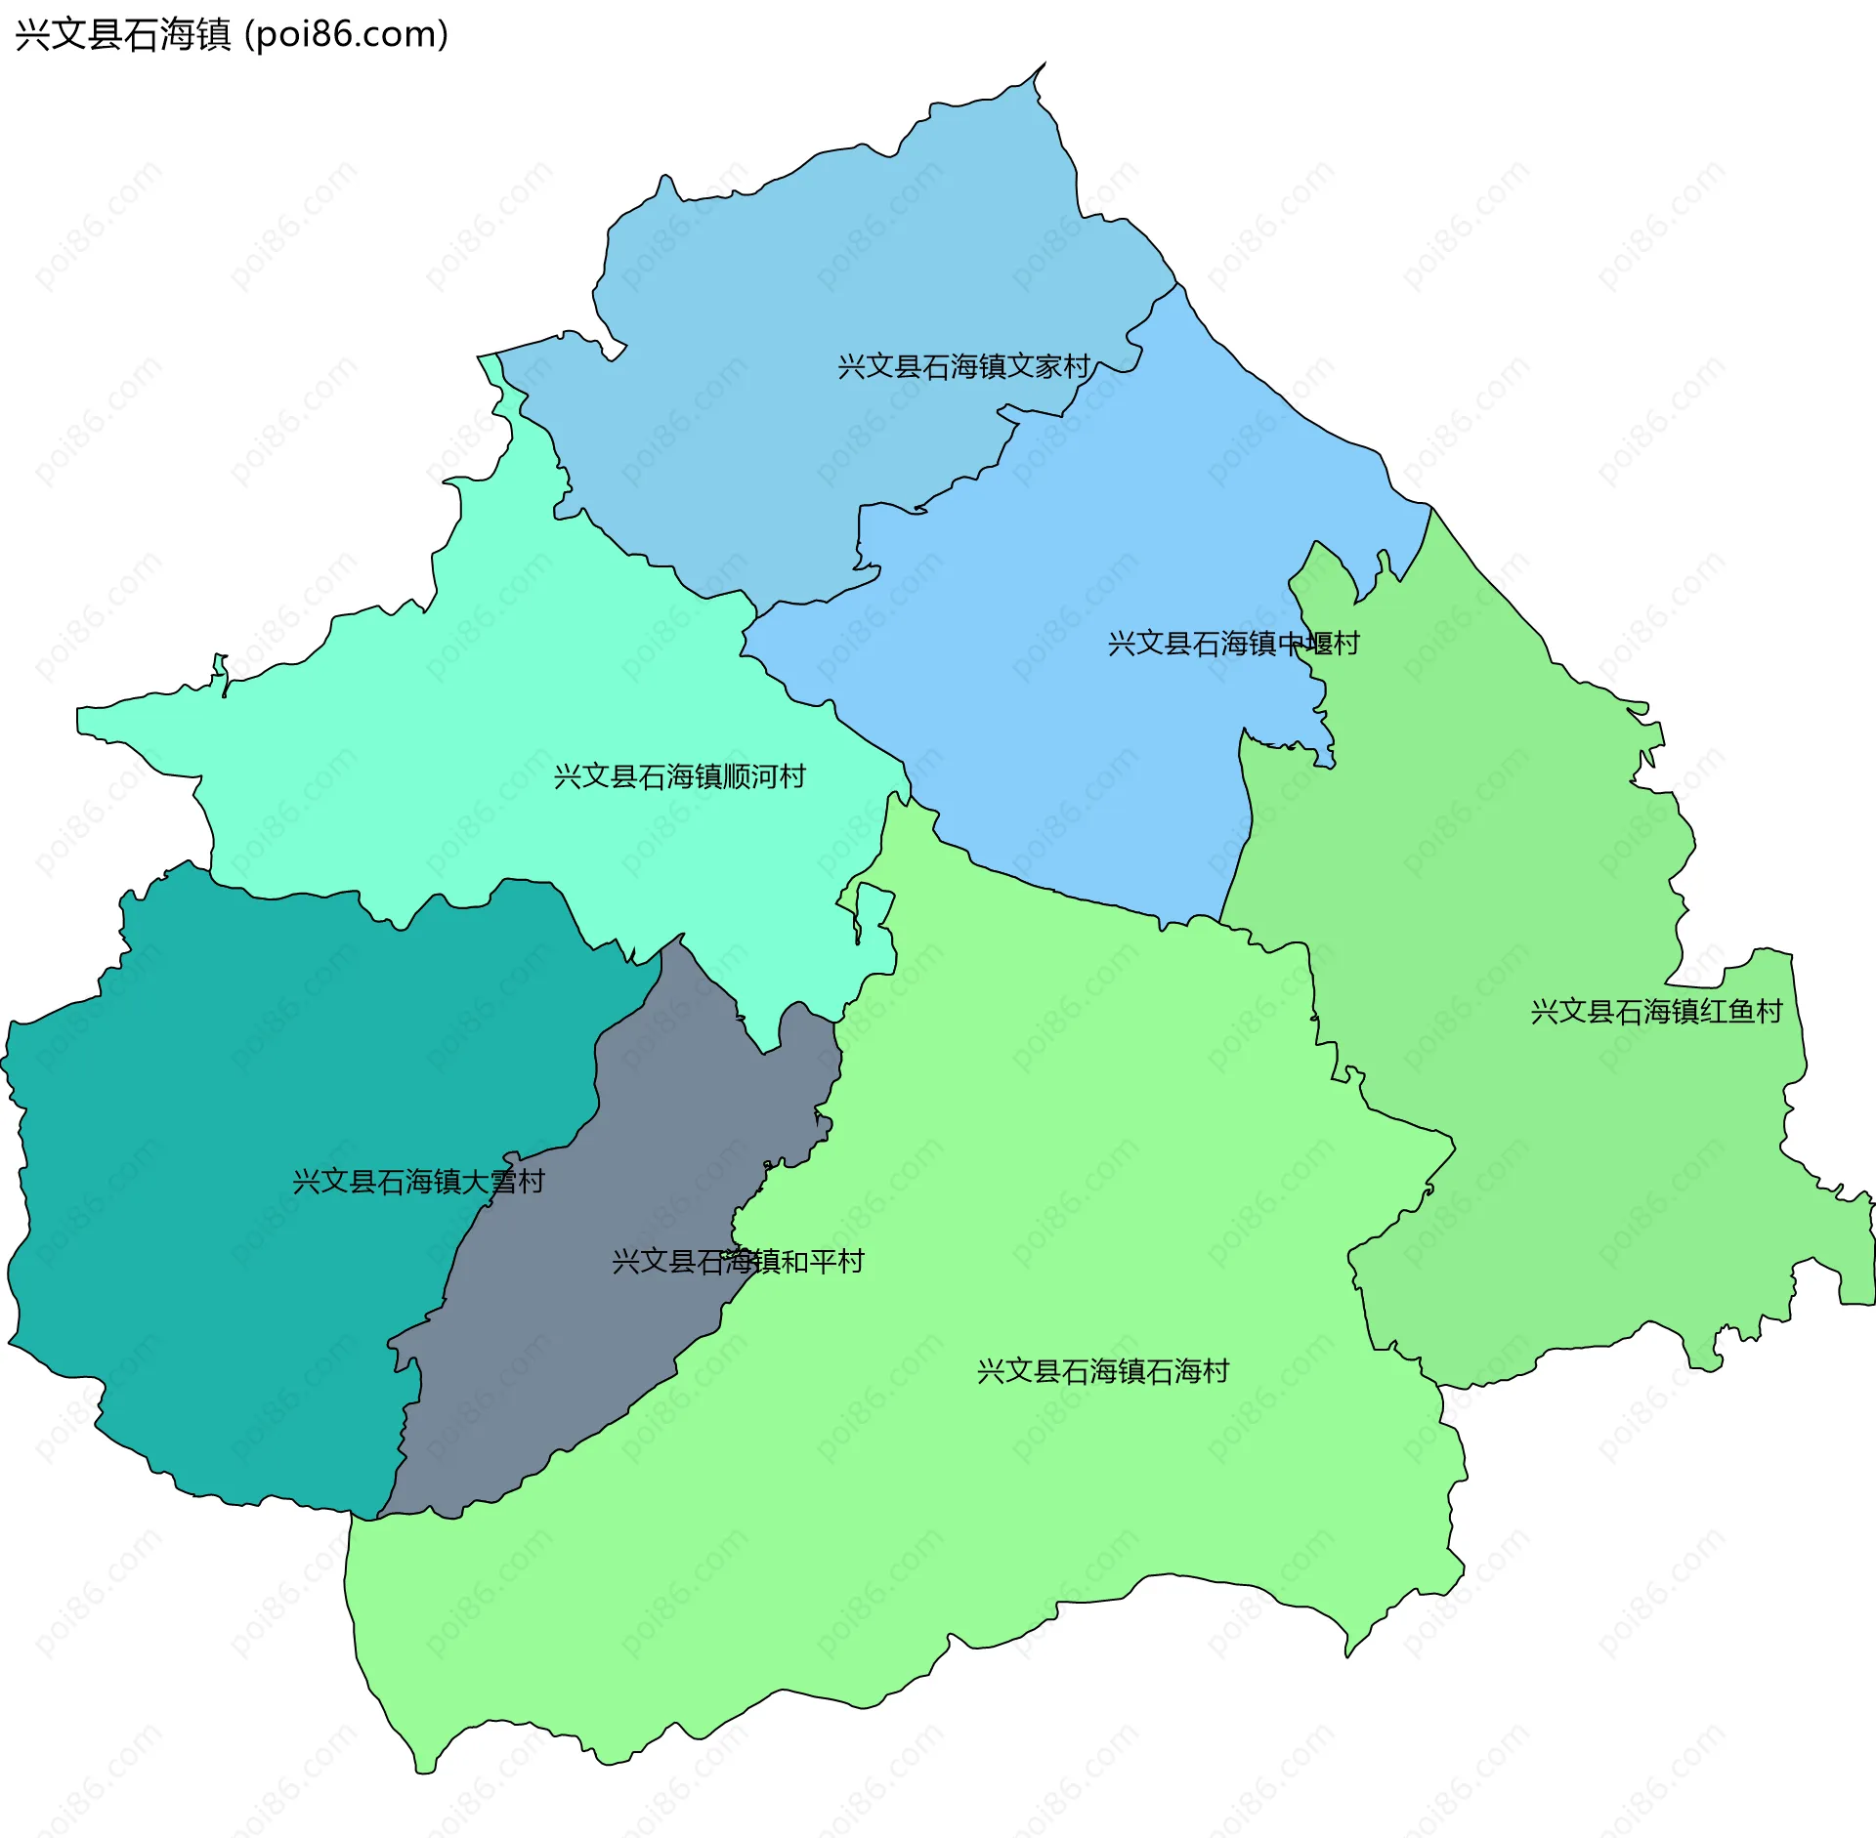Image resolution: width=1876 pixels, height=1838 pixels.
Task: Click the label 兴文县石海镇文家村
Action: pos(963,367)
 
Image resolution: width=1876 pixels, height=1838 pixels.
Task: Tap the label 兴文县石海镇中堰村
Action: pos(1233,644)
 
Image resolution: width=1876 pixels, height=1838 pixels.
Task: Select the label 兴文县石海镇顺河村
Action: pos(679,776)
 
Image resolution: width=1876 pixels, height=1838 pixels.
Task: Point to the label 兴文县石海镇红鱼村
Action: pos(1656,1011)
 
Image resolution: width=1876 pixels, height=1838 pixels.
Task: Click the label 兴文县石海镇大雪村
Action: pos(418,1182)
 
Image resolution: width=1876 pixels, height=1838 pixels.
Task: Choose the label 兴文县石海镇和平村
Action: pos(738,1262)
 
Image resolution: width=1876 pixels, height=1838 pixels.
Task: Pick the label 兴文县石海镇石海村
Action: pos(1102,1371)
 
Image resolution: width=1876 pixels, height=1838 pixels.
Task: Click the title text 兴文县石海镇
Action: pos(123,34)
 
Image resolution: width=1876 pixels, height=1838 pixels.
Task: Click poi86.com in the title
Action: pos(346,34)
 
